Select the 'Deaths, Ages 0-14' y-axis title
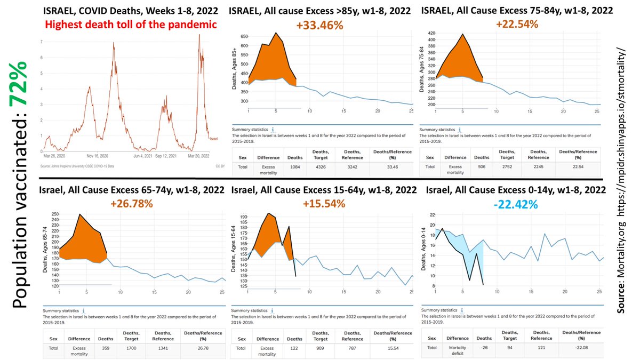[x=425, y=248]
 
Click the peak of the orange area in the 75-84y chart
[x=462, y=35]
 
